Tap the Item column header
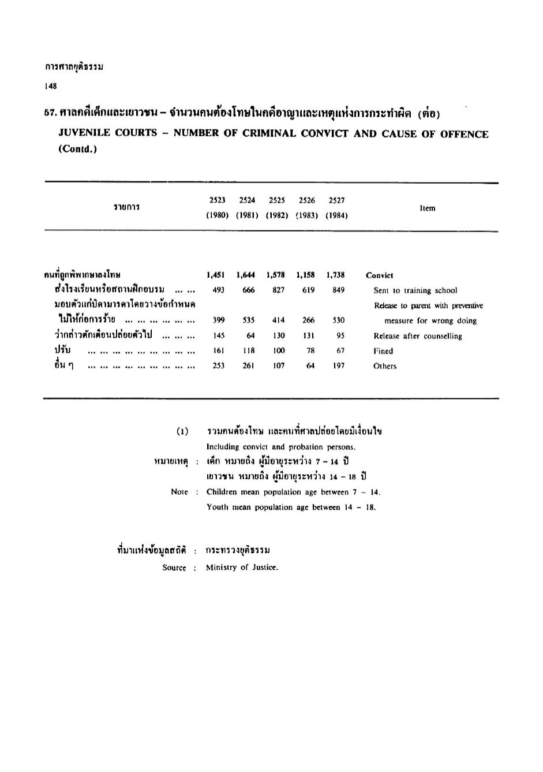428,208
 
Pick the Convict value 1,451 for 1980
216,275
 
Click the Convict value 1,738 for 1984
335,275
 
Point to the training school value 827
279,290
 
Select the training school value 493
218,290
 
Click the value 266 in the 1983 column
309,320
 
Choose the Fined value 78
310,350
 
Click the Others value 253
218,366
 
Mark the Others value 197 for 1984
339,366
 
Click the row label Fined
383,351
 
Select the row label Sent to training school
415,290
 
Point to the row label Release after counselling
418,336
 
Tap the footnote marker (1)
182,431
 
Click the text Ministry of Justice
242,568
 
